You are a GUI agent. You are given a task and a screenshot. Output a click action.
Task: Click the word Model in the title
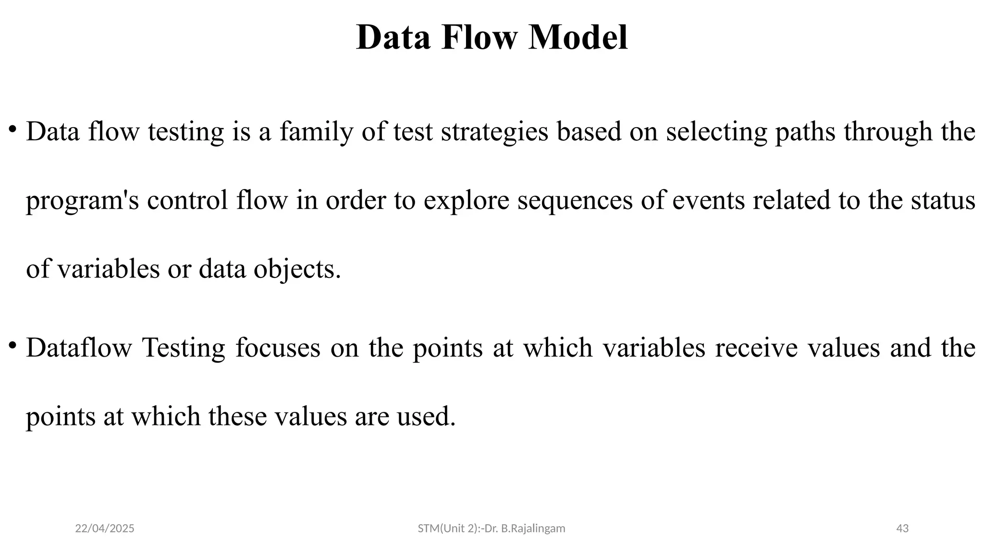click(578, 37)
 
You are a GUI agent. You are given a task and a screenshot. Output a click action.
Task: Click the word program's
click(82, 201)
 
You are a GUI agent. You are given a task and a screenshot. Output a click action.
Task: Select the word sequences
click(575, 201)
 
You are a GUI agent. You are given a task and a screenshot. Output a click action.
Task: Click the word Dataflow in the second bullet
click(79, 348)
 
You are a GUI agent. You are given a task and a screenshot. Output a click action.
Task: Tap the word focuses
click(278, 348)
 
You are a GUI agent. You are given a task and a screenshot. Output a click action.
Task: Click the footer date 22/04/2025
click(105, 529)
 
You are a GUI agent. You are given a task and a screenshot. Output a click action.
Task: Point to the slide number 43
click(902, 529)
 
